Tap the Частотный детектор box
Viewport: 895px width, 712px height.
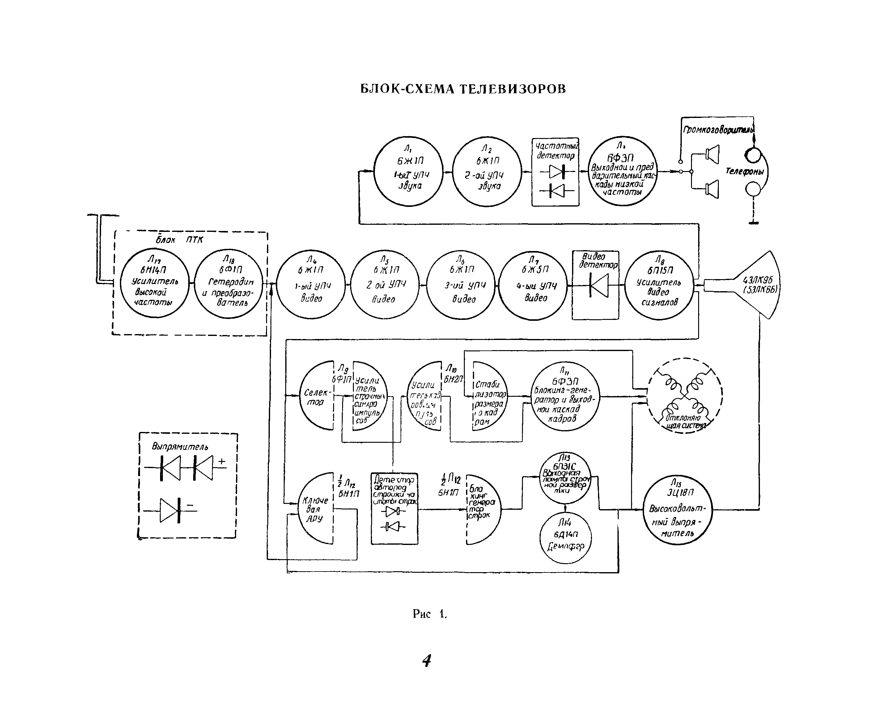pyautogui.click(x=555, y=172)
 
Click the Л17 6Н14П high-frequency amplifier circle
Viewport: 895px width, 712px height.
pyautogui.click(x=155, y=283)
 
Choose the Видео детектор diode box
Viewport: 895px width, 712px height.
pyautogui.click(x=595, y=285)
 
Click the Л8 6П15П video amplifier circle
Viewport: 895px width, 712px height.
pyautogui.click(x=659, y=285)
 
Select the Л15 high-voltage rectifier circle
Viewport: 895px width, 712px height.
pyautogui.click(x=677, y=510)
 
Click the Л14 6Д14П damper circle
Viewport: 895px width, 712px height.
pyautogui.click(x=565, y=538)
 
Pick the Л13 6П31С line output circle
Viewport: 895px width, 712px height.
pyautogui.click(x=565, y=478)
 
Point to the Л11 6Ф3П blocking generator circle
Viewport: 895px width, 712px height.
pyautogui.click(x=565, y=396)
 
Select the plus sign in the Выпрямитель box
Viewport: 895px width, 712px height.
pyautogui.click(x=222, y=461)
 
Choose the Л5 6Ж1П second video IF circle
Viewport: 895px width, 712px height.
pyautogui.click(x=385, y=284)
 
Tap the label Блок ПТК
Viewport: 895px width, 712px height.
pyautogui.click(x=179, y=240)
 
